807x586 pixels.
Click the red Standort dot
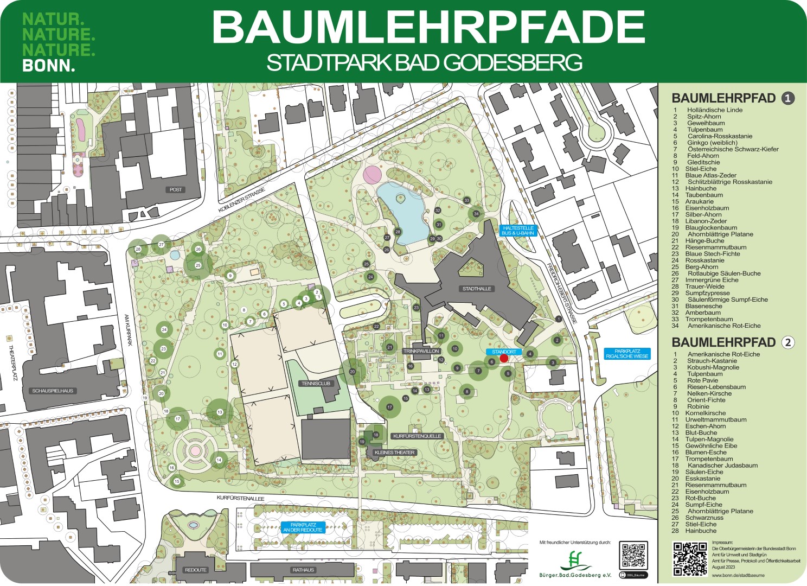click(x=504, y=358)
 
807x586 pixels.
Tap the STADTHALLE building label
click(x=477, y=289)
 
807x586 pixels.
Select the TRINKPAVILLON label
click(x=421, y=351)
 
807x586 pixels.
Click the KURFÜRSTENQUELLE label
click(x=417, y=436)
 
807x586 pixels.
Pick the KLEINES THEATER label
click(x=394, y=453)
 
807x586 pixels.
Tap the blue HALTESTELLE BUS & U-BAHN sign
click(x=518, y=231)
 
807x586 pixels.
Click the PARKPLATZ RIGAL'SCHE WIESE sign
click(x=627, y=354)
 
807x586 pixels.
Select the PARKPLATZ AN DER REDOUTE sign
click(x=303, y=527)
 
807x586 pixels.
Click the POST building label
click(x=176, y=189)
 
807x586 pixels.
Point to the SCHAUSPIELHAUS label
click(x=53, y=391)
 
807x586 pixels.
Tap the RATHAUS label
click(x=303, y=570)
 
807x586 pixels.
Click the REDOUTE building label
click(x=195, y=570)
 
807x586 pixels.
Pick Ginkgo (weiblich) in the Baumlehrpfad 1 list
click(x=712, y=143)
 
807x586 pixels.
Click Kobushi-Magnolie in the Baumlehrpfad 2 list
click(x=713, y=367)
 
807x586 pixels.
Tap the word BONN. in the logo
click(x=49, y=66)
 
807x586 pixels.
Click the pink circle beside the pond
click(x=372, y=175)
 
